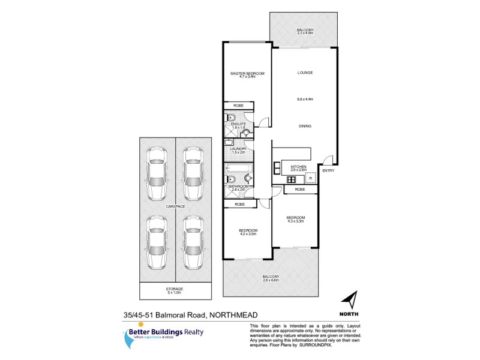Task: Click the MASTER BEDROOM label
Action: point(248,73)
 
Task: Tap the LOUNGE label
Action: point(305,73)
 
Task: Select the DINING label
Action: point(305,126)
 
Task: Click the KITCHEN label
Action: point(299,166)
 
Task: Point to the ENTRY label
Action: point(328,171)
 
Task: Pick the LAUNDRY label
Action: point(239,149)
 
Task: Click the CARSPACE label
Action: point(176,206)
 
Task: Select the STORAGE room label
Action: point(175,289)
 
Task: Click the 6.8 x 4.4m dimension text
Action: point(305,99)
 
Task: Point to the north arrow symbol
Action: point(349,298)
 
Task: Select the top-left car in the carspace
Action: point(157,173)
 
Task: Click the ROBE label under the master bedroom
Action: point(239,106)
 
